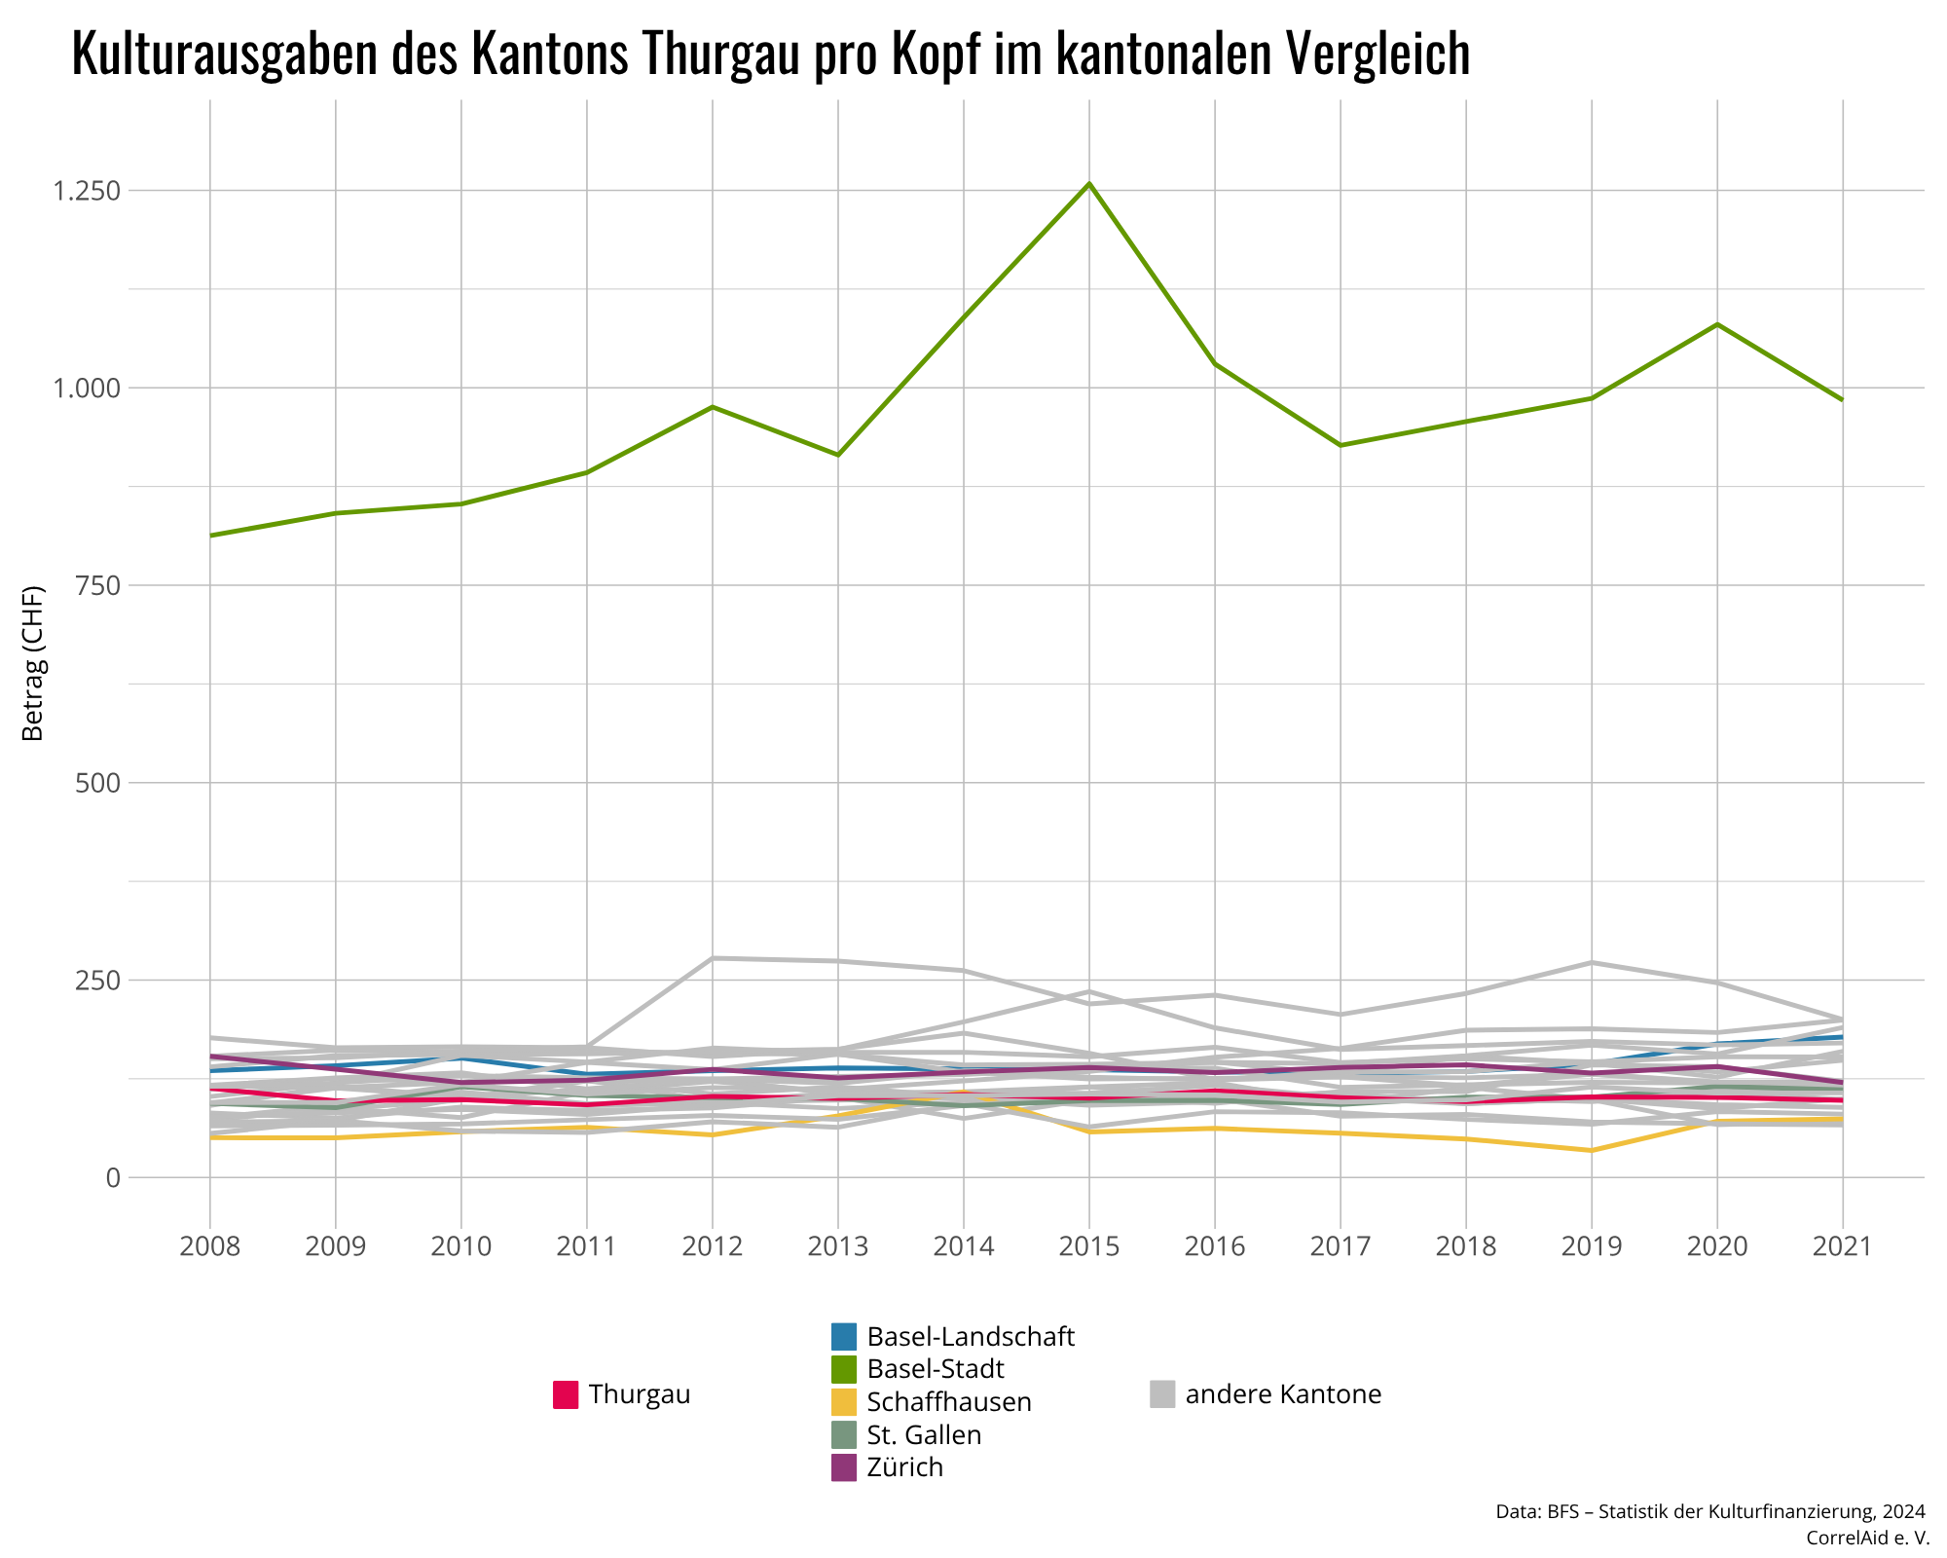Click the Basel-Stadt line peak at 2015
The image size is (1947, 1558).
[1089, 183]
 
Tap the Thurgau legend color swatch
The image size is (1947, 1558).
[566, 1394]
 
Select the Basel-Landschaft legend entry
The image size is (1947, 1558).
[970, 1336]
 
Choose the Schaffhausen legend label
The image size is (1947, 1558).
[948, 1402]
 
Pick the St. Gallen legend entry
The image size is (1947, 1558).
[924, 1434]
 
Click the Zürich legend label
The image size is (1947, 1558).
[904, 1466]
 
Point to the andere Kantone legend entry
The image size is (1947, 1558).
[1283, 1394]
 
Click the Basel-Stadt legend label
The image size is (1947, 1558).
[935, 1368]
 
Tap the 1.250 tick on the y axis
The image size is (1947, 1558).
[87, 191]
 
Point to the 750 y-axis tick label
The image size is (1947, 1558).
[98, 585]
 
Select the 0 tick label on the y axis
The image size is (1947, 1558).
[114, 1177]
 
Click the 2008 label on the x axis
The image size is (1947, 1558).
[210, 1246]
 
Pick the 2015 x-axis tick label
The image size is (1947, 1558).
[1089, 1246]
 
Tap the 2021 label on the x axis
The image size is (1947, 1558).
[1842, 1246]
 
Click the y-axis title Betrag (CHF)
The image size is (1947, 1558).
[34, 663]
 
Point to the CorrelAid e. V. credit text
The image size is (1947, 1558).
[1867, 1538]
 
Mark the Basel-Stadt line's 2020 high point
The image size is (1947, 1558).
[1717, 324]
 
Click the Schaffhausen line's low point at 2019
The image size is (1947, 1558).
[1592, 1150]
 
